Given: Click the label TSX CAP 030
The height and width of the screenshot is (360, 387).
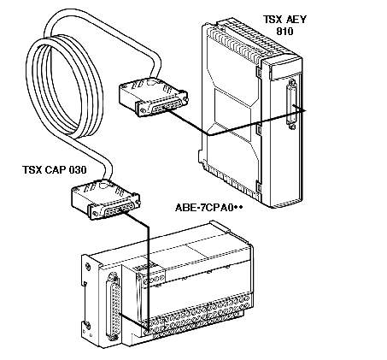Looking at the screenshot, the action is point(54,170).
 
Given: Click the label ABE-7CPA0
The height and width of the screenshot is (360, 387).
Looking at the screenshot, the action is point(204,207).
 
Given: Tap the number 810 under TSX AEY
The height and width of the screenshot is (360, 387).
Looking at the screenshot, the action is point(284,31).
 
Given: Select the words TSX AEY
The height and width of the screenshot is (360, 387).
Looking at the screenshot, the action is point(284,20).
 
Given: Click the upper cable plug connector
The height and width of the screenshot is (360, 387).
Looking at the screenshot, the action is point(153,97).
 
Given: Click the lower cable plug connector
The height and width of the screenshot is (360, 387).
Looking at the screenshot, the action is point(105,199).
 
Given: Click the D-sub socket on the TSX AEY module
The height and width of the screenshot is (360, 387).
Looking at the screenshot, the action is point(291,104).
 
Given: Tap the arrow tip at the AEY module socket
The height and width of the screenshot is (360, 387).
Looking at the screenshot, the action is point(306,110).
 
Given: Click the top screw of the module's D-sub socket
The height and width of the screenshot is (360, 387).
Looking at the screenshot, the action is point(291,82).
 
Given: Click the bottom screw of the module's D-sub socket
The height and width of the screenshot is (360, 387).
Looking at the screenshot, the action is point(291,127).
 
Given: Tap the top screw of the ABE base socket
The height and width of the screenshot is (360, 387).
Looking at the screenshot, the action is point(113,276).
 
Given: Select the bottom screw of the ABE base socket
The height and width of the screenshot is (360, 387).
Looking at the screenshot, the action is point(113,337).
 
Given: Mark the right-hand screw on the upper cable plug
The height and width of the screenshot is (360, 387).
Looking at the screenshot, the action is point(185,98).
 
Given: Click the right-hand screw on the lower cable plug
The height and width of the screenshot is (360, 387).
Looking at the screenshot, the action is point(138,201).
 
